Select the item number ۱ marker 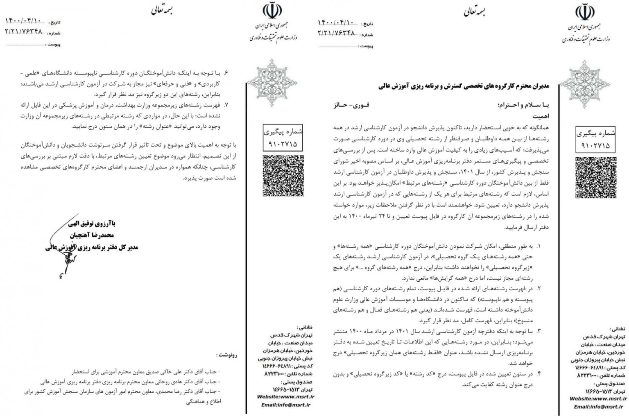click(538, 246)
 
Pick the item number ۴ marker click(538, 374)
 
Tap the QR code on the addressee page click(595, 177)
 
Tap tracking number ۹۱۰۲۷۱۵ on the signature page click(283, 144)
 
